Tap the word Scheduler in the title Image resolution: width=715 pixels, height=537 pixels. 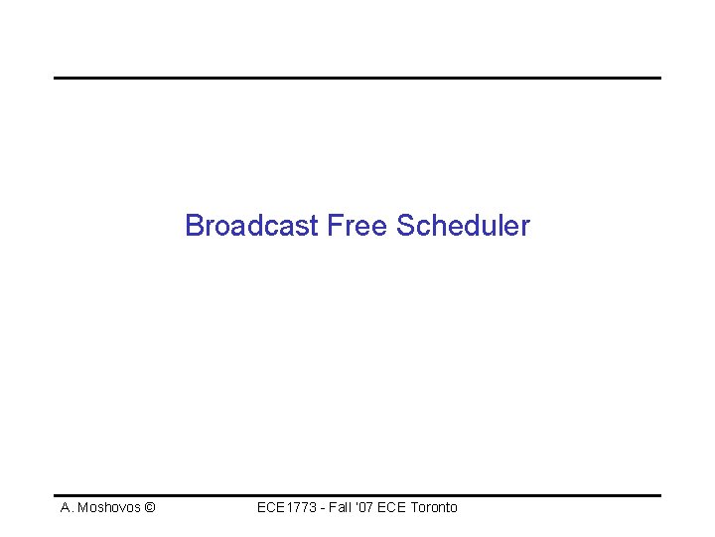[463, 226]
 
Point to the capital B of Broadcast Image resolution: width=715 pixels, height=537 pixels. [194, 226]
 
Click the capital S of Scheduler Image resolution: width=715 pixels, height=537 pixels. [405, 226]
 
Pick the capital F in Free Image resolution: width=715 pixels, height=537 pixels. [334, 226]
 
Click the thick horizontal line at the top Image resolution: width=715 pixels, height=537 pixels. [357, 78]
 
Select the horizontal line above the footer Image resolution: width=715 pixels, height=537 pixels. [357, 495]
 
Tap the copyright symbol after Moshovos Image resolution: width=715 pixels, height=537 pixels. [149, 508]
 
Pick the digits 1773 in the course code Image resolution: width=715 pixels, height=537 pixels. [297, 507]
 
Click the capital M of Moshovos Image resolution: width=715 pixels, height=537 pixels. [84, 508]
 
